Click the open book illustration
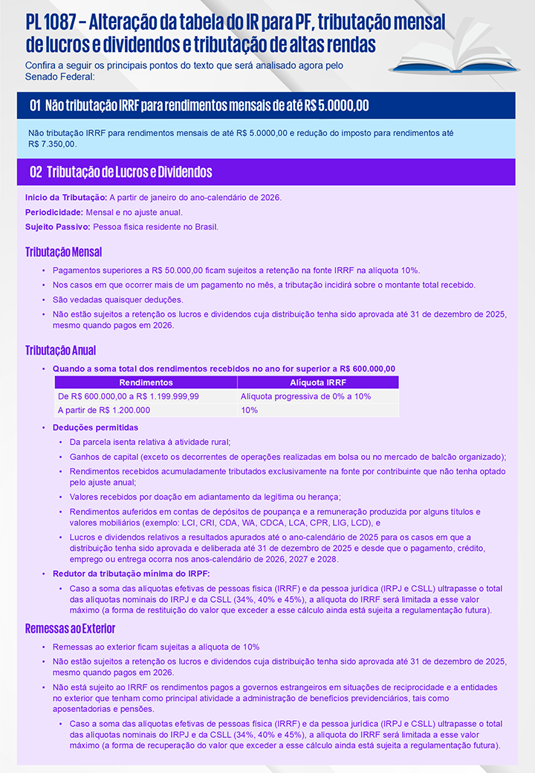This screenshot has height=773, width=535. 461,56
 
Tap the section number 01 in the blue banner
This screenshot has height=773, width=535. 35,106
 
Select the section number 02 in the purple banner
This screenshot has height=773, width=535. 35,172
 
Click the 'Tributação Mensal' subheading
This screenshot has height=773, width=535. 63,252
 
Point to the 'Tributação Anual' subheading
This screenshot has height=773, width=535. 60,350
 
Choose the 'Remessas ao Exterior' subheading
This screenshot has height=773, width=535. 70,629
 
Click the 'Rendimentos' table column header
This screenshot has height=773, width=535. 146,382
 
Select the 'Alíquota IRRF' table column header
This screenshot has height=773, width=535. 317,382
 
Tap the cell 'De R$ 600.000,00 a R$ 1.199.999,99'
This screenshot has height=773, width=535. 129,396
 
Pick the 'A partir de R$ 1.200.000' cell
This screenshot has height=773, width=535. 104,410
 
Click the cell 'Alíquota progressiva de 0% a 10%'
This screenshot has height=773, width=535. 305,396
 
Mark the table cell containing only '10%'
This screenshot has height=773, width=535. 250,410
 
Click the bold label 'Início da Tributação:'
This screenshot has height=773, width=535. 66,197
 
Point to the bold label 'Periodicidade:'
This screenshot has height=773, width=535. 54,212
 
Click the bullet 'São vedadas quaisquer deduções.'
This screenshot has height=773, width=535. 117,300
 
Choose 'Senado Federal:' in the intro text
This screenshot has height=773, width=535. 59,77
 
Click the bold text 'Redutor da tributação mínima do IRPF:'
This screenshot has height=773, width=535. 131,573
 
